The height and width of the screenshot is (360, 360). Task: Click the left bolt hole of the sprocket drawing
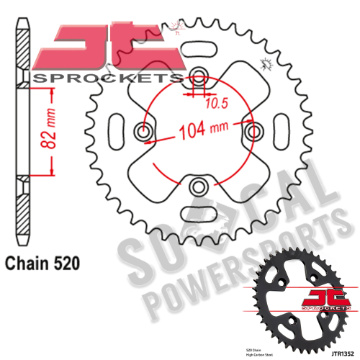click(143, 132)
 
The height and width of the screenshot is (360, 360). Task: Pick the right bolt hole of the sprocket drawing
click(253, 132)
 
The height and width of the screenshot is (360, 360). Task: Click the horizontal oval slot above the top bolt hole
click(197, 49)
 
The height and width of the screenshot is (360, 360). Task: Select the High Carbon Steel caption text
click(268, 350)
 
